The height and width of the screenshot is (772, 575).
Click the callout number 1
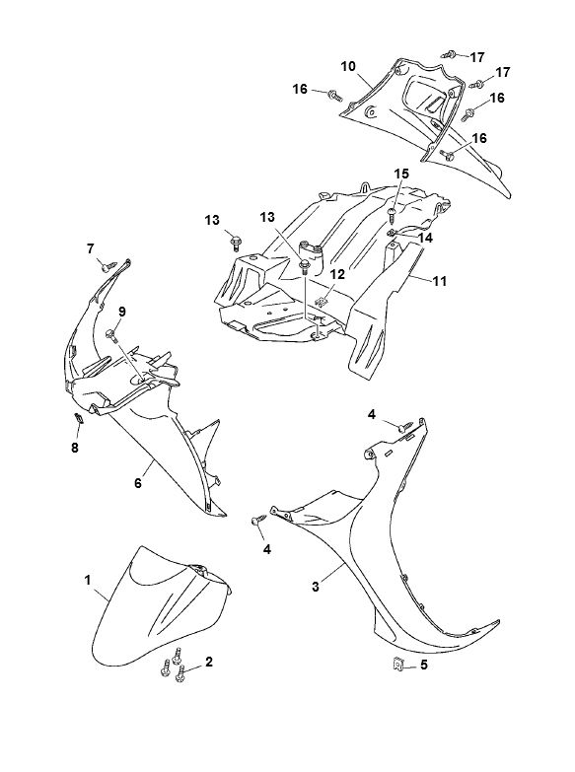[88, 581]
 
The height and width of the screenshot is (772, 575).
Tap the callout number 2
[209, 662]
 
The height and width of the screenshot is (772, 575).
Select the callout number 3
[316, 587]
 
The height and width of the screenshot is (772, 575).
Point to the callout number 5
[424, 666]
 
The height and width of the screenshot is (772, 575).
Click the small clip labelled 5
[397, 666]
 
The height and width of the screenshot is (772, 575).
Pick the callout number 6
[138, 483]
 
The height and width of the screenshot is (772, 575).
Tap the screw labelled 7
[107, 267]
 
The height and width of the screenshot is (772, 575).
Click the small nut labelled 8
[78, 418]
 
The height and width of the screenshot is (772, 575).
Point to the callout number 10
[348, 66]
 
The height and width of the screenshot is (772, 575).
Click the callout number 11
[439, 281]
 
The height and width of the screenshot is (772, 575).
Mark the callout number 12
[337, 274]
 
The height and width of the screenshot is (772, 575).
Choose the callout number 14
[425, 238]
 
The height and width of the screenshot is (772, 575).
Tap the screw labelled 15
[393, 212]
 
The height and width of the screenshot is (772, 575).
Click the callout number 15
[401, 174]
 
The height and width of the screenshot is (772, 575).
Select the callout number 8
[75, 448]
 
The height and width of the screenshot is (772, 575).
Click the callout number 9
[121, 312]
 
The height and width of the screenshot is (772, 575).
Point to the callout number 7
[90, 248]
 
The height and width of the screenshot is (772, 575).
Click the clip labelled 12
[322, 300]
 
